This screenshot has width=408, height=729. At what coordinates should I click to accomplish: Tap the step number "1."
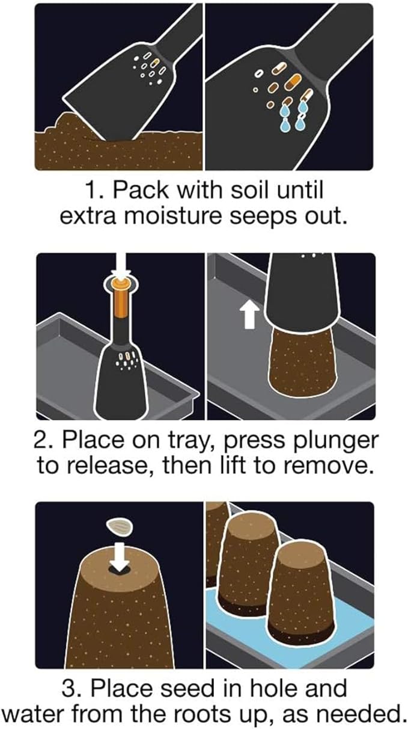click(x=94, y=191)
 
